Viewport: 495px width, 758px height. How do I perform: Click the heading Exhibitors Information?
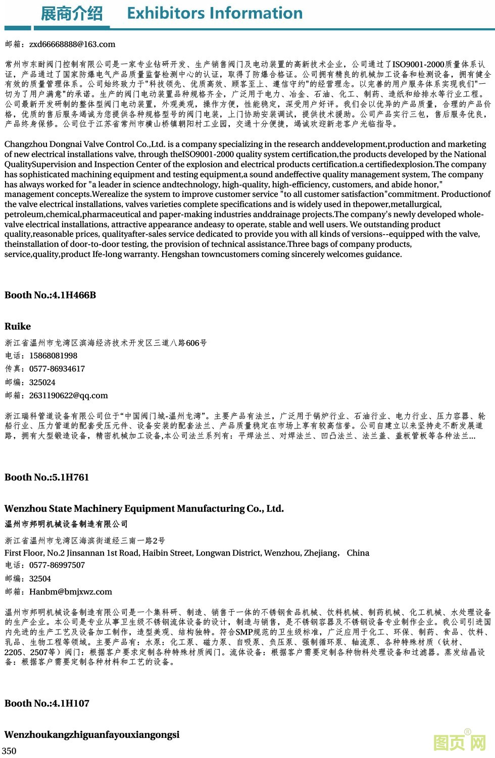point(215,13)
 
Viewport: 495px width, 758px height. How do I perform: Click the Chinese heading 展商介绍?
point(71,14)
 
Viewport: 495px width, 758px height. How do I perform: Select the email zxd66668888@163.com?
point(72,44)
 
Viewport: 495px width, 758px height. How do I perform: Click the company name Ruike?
point(18,327)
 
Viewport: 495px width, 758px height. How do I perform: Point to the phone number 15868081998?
point(53,356)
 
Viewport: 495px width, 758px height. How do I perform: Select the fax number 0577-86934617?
point(57,369)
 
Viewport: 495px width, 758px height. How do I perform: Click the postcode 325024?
point(42,383)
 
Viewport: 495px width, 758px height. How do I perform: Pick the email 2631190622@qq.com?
point(69,396)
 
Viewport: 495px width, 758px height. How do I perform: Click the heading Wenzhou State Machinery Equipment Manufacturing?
point(144,509)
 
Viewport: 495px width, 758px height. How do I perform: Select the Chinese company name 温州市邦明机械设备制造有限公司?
point(66,524)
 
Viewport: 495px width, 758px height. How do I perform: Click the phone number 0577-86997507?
point(57,565)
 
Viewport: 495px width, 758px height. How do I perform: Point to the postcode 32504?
point(40,579)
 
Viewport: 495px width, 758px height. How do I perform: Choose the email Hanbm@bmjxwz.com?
point(71,592)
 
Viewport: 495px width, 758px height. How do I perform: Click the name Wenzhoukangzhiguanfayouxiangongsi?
point(92,735)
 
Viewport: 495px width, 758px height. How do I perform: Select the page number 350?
point(9,751)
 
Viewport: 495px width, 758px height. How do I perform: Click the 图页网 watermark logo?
point(460,742)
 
